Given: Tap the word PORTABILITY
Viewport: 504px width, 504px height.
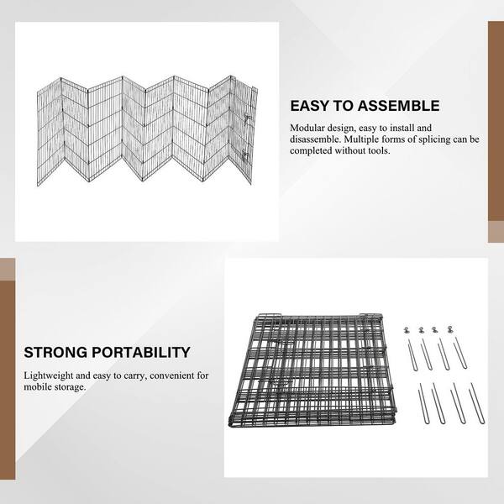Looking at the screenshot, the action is click(141, 352).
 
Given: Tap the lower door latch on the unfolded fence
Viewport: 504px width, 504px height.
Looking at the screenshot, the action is click(246, 157).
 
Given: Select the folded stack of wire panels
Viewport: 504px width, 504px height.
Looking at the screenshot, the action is click(312, 370).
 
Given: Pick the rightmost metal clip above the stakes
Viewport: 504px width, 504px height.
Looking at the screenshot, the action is click(450, 329).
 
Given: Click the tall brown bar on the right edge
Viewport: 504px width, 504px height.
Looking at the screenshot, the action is click(496, 121).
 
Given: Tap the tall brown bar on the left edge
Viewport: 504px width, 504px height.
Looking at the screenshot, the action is click(8, 381).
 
